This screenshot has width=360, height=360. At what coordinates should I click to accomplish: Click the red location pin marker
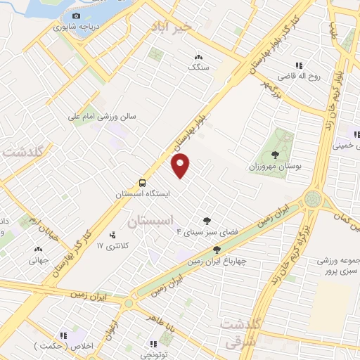(x=181, y=166)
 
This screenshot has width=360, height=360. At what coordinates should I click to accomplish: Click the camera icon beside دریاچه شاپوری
(x=76, y=15)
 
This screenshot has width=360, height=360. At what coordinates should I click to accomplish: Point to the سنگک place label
(x=198, y=67)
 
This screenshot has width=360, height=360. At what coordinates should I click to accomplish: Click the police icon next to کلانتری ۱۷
(x=112, y=235)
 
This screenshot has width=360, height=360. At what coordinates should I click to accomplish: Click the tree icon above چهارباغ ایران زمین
(x=217, y=249)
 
